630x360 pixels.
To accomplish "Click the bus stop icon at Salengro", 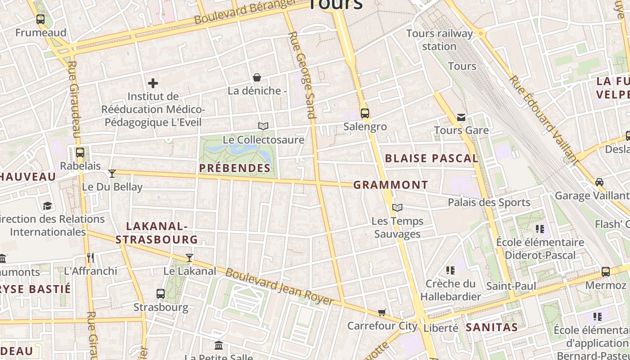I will pos(364,113).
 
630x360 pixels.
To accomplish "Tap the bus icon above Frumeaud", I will pos(40,19).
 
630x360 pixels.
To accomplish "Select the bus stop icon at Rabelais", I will pos(80,152).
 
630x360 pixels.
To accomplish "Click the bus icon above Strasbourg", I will pos(161,294).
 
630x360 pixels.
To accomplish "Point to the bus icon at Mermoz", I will pos(606,271).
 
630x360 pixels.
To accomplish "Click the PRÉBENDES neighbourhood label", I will pos(234,168).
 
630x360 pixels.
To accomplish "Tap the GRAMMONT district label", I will pos(391,185).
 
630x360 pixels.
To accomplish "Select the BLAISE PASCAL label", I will pos(432,158).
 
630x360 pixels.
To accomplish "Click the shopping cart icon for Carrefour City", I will pos(382,312).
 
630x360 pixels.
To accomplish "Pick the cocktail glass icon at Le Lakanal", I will pos(189,257).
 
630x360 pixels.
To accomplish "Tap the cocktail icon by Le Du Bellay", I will pos(112,173).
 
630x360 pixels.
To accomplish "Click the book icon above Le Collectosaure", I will pos(263,126).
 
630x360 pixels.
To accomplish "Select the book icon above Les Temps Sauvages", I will pos(397,207).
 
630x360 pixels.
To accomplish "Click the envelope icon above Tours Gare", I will pos(461,117).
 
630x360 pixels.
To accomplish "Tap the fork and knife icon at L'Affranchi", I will pos(90,257).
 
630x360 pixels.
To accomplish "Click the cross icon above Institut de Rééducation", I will pos(153,83).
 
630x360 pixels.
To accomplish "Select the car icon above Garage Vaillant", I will pos(599,182).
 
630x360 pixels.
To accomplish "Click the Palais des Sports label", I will pos(489,202).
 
